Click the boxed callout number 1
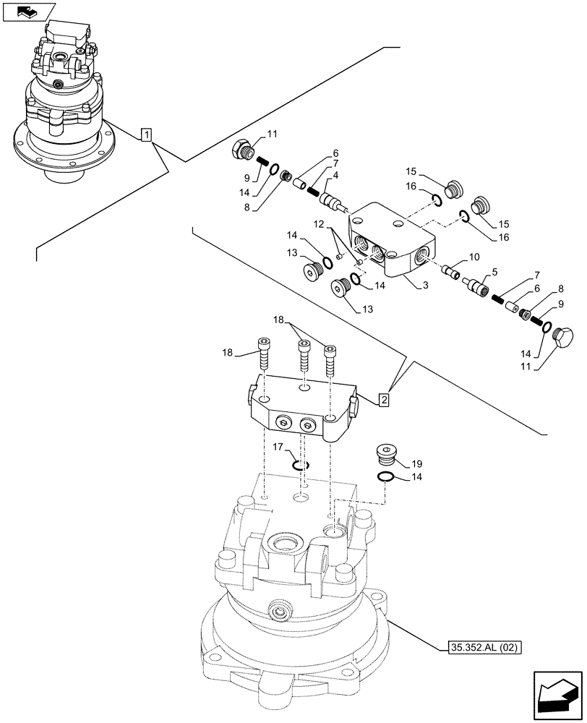tap(147, 134)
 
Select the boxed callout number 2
tap(385, 398)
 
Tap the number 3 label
tap(426, 286)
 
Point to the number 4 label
tap(336, 176)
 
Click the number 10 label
tap(474, 257)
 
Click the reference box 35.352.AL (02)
tap(480, 646)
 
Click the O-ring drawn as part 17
tap(301, 465)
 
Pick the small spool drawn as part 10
tap(453, 272)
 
